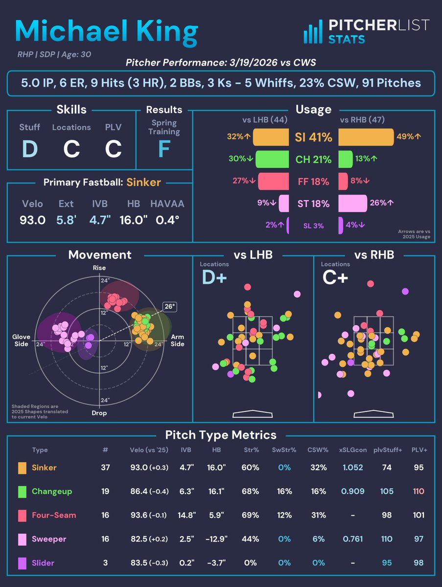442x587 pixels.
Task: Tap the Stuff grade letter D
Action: (29, 149)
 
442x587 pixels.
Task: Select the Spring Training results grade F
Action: (163, 149)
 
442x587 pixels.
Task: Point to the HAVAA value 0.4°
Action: (167, 220)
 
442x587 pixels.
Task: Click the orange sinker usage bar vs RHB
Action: (366, 137)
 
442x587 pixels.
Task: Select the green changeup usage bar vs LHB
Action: (271, 159)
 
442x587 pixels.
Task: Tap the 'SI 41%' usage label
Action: (313, 138)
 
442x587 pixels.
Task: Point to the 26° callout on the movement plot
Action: (169, 307)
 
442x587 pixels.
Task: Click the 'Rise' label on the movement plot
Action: (99, 268)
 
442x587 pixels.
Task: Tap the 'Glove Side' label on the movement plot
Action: (21, 340)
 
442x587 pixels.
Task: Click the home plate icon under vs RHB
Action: (373, 414)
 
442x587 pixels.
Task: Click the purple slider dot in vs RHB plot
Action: (405, 292)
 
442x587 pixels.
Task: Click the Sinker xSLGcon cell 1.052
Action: (353, 468)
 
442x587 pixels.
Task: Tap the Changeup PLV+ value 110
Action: (418, 491)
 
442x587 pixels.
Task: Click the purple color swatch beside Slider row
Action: (22, 563)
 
